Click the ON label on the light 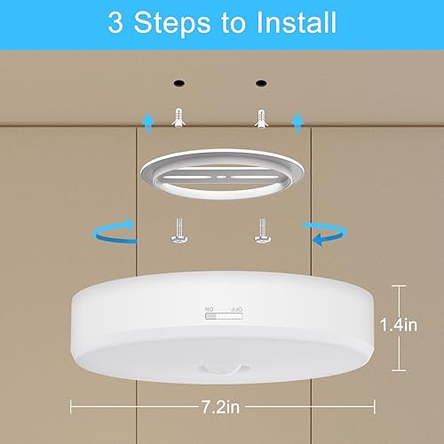(x=210, y=310)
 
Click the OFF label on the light (x=236, y=310)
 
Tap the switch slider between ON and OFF (x=223, y=318)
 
